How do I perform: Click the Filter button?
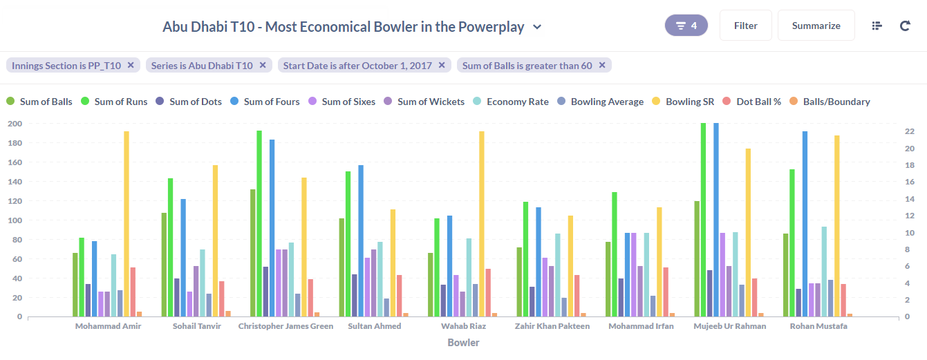(745, 26)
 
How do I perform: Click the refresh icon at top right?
(905, 26)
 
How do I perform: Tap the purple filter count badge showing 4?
(686, 26)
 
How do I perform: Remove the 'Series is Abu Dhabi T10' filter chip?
(263, 66)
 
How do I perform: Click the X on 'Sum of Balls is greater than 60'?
(602, 66)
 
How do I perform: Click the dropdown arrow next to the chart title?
(537, 28)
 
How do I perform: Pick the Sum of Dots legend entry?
(189, 102)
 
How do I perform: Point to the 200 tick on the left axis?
(15, 124)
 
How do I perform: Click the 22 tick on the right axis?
(910, 131)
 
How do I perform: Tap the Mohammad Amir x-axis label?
(108, 326)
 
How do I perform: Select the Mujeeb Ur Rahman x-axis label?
(729, 326)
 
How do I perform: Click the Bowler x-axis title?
(463, 343)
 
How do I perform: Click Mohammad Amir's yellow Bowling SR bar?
(127, 224)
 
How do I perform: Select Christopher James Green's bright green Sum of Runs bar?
(259, 223)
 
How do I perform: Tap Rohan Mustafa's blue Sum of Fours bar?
(805, 224)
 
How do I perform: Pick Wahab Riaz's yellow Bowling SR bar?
(482, 224)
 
